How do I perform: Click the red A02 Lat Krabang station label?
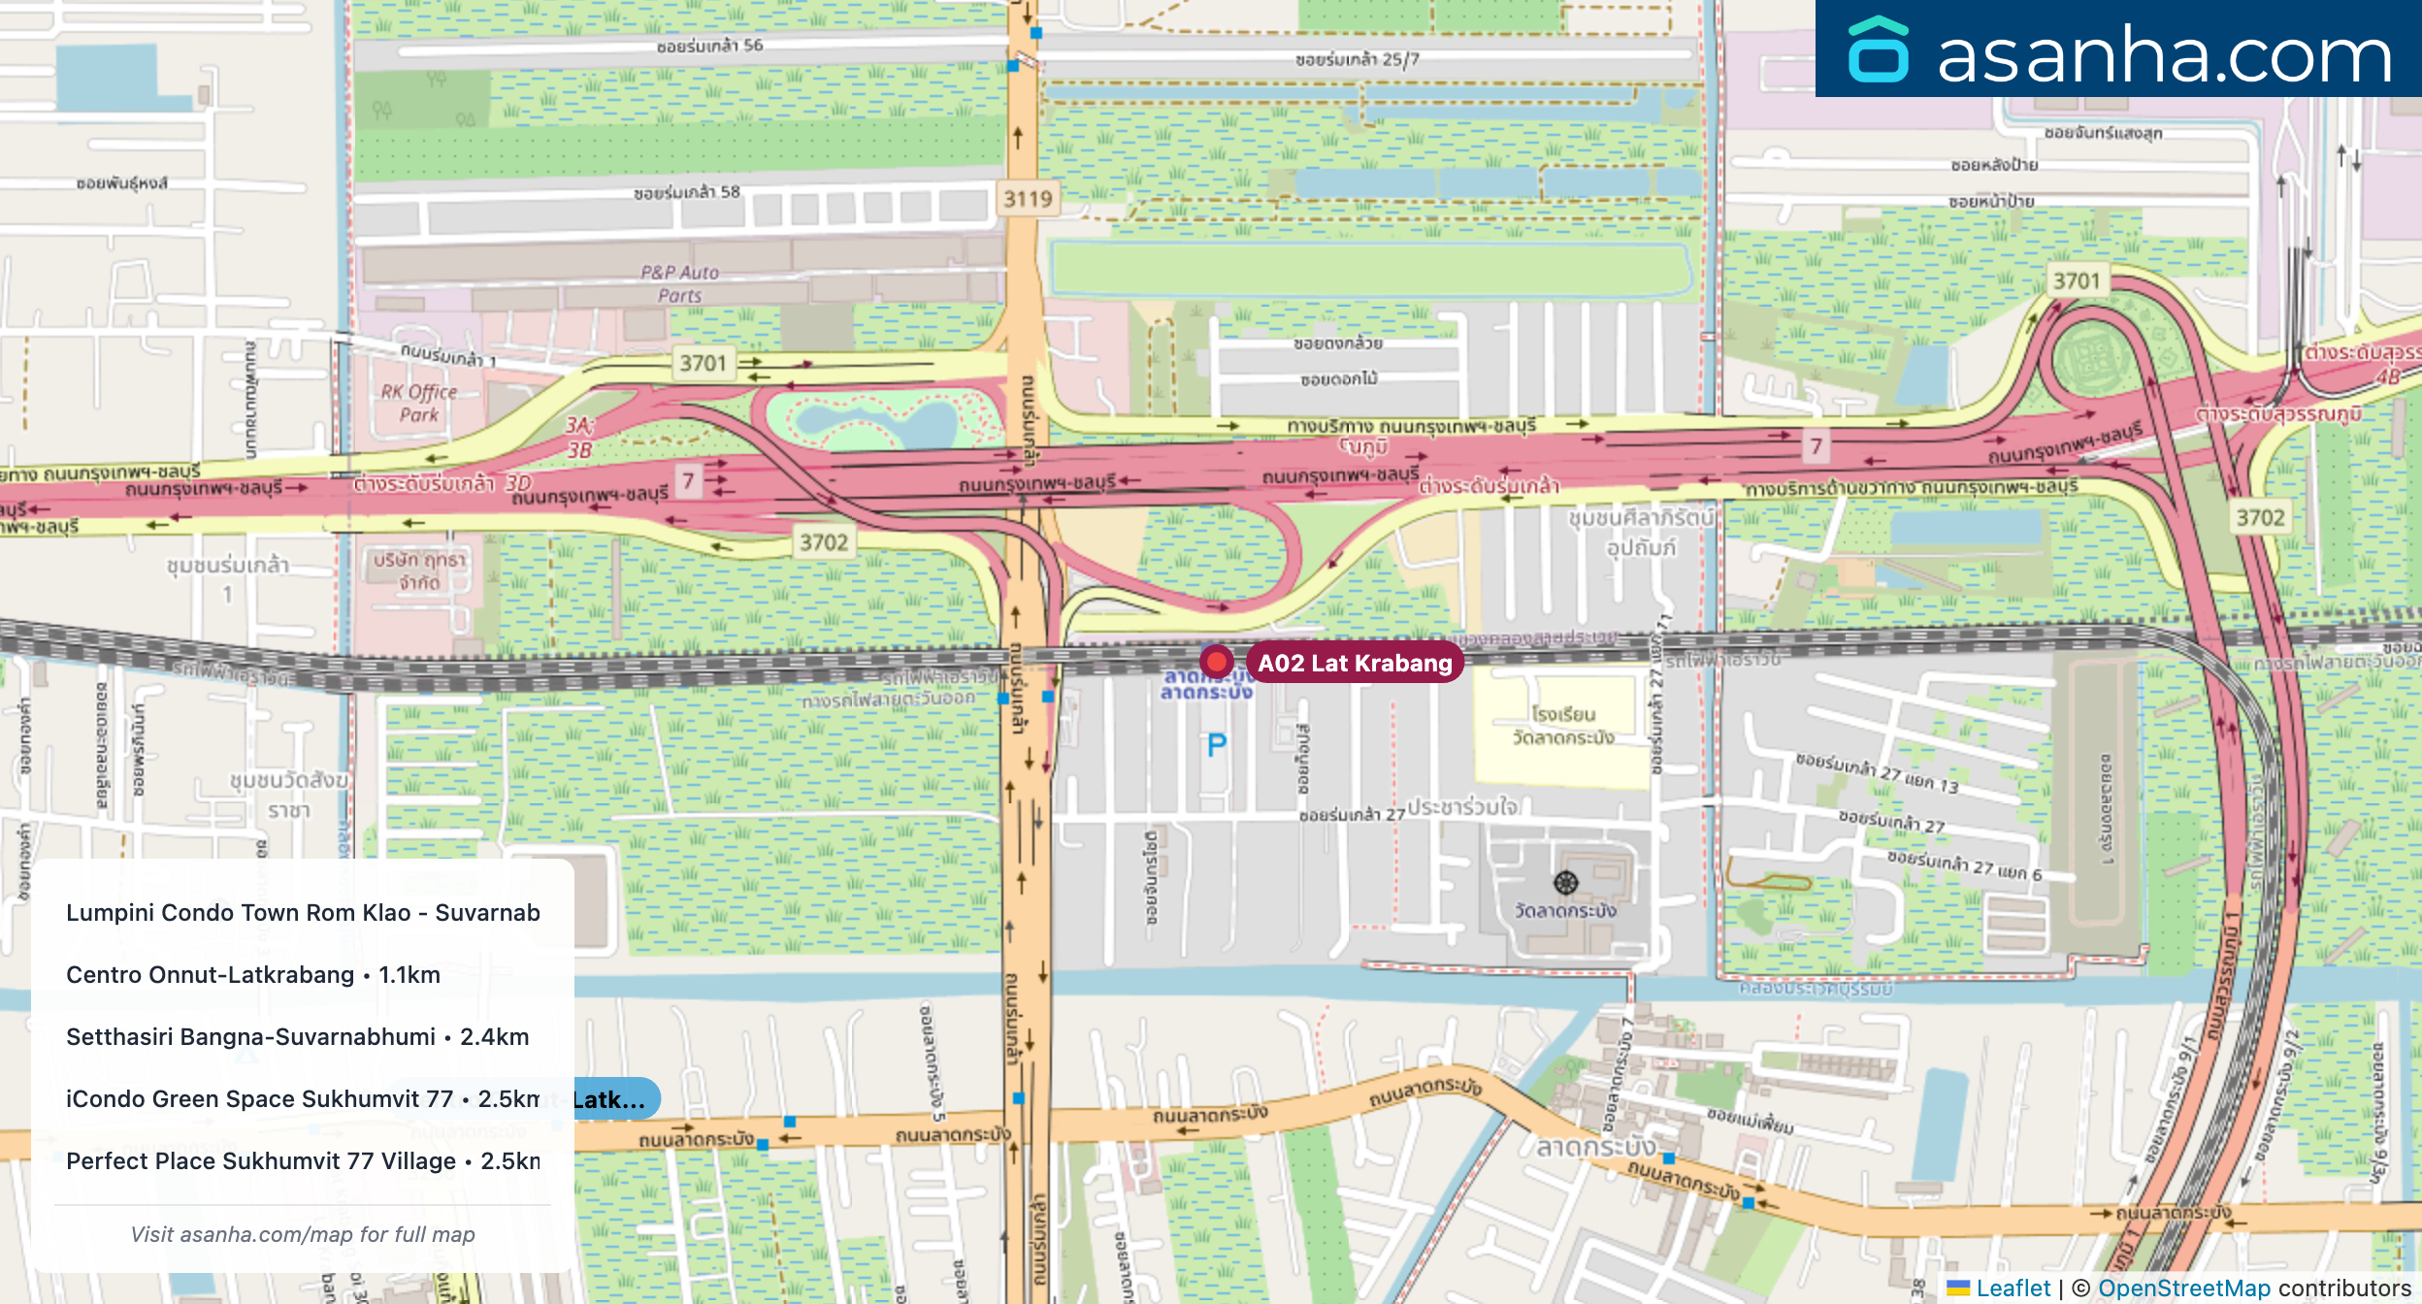1355,663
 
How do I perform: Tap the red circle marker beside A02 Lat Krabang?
1216,662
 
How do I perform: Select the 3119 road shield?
1028,199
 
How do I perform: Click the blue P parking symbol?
1217,745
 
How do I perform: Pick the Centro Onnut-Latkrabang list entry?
253,974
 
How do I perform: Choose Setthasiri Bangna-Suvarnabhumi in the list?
298,1036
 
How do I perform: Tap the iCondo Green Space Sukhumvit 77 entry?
303,1098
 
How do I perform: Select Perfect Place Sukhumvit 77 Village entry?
303,1160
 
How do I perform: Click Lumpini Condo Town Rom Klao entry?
303,912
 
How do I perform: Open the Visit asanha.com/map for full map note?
303,1234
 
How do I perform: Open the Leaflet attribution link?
2013,1288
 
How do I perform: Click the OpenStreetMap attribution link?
2184,1288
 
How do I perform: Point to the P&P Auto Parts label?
679,284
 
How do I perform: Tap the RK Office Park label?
419,404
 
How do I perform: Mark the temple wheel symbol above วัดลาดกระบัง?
1566,882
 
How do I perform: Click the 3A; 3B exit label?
579,437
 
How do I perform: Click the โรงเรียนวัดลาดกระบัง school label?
1563,726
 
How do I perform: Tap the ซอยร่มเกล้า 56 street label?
709,46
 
